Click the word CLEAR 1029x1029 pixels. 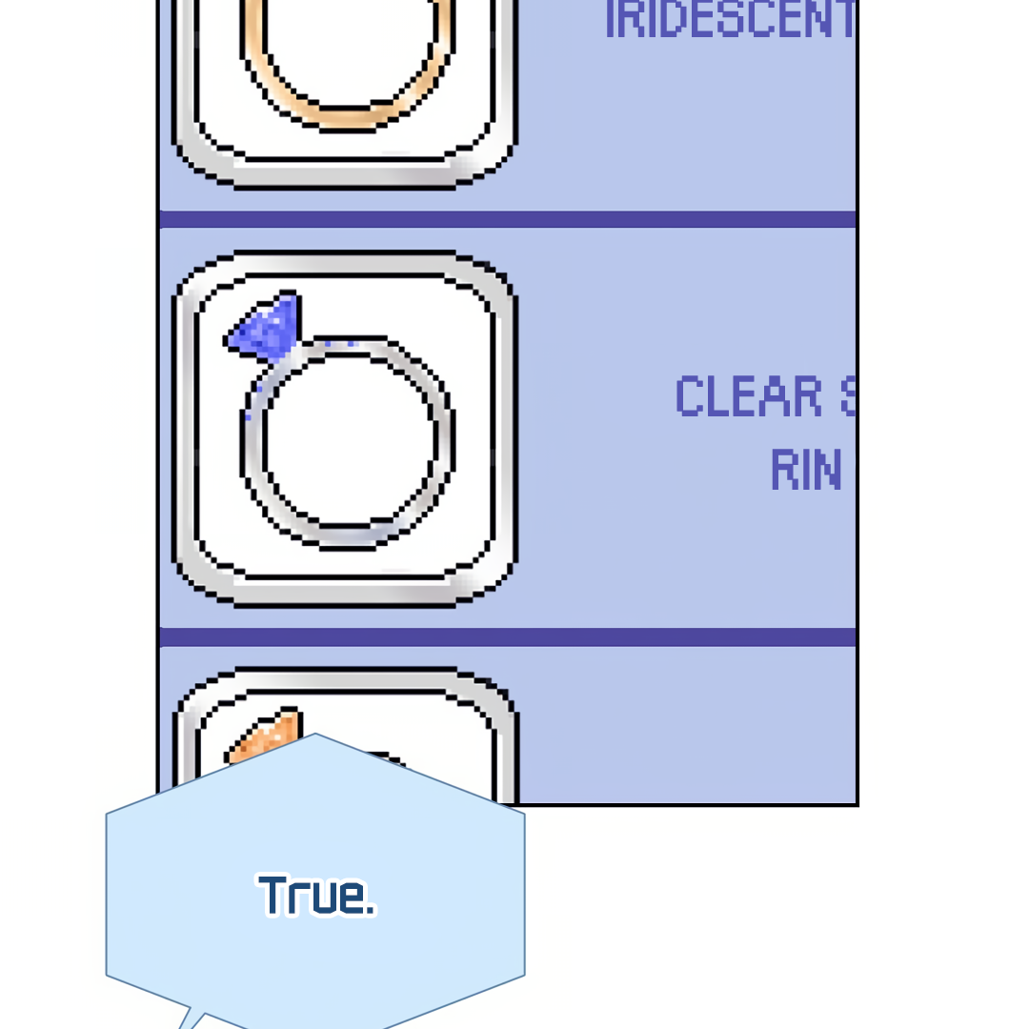pyautogui.click(x=749, y=396)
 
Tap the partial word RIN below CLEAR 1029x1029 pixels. pyautogui.click(x=806, y=470)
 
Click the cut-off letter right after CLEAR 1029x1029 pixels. pyautogui.click(x=848, y=396)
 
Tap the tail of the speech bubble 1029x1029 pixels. pyautogui.click(x=191, y=1019)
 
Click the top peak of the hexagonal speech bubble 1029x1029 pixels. pyautogui.click(x=315, y=735)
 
